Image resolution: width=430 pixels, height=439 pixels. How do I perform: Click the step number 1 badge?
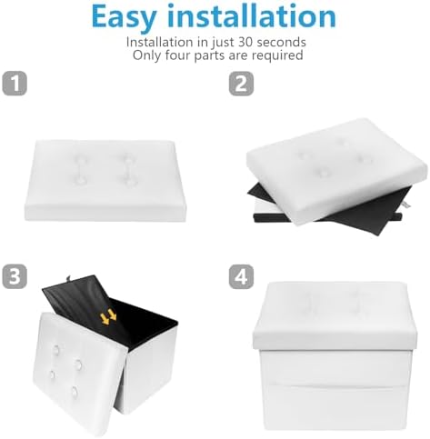tap(15, 84)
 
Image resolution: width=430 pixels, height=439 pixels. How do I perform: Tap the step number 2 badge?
tap(241, 84)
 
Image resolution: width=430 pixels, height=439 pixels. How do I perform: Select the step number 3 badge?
tap(15, 276)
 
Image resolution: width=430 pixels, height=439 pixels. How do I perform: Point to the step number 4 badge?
tap(241, 276)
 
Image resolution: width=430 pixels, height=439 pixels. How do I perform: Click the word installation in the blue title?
tap(252, 15)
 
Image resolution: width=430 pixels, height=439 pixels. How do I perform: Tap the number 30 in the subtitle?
tap(245, 42)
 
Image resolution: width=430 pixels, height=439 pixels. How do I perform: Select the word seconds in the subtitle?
tap(281, 42)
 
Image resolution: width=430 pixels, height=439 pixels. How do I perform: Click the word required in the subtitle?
tap(277, 55)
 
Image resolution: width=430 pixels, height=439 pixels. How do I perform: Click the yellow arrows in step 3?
tap(108, 317)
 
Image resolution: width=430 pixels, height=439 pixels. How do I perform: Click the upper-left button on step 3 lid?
tap(56, 350)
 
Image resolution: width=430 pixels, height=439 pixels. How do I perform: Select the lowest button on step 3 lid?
tap(75, 393)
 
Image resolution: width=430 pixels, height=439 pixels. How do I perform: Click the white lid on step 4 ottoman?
tap(335, 316)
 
